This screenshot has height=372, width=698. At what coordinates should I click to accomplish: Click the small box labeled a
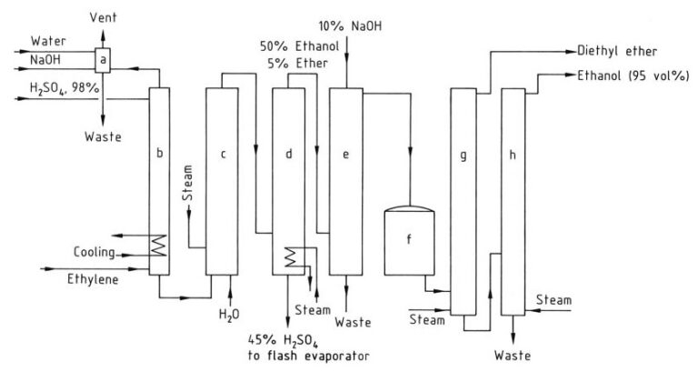pyautogui.click(x=103, y=60)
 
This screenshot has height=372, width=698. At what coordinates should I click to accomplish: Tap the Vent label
pyautogui.click(x=102, y=18)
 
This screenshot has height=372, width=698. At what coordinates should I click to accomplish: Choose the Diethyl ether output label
pyautogui.click(x=625, y=52)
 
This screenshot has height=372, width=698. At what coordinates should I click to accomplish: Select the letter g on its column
pyautogui.click(x=463, y=155)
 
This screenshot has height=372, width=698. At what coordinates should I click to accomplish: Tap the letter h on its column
pyautogui.click(x=513, y=155)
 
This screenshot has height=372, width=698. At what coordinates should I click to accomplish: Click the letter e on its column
pyautogui.click(x=345, y=155)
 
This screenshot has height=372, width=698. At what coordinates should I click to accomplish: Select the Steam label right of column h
pyautogui.click(x=553, y=299)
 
